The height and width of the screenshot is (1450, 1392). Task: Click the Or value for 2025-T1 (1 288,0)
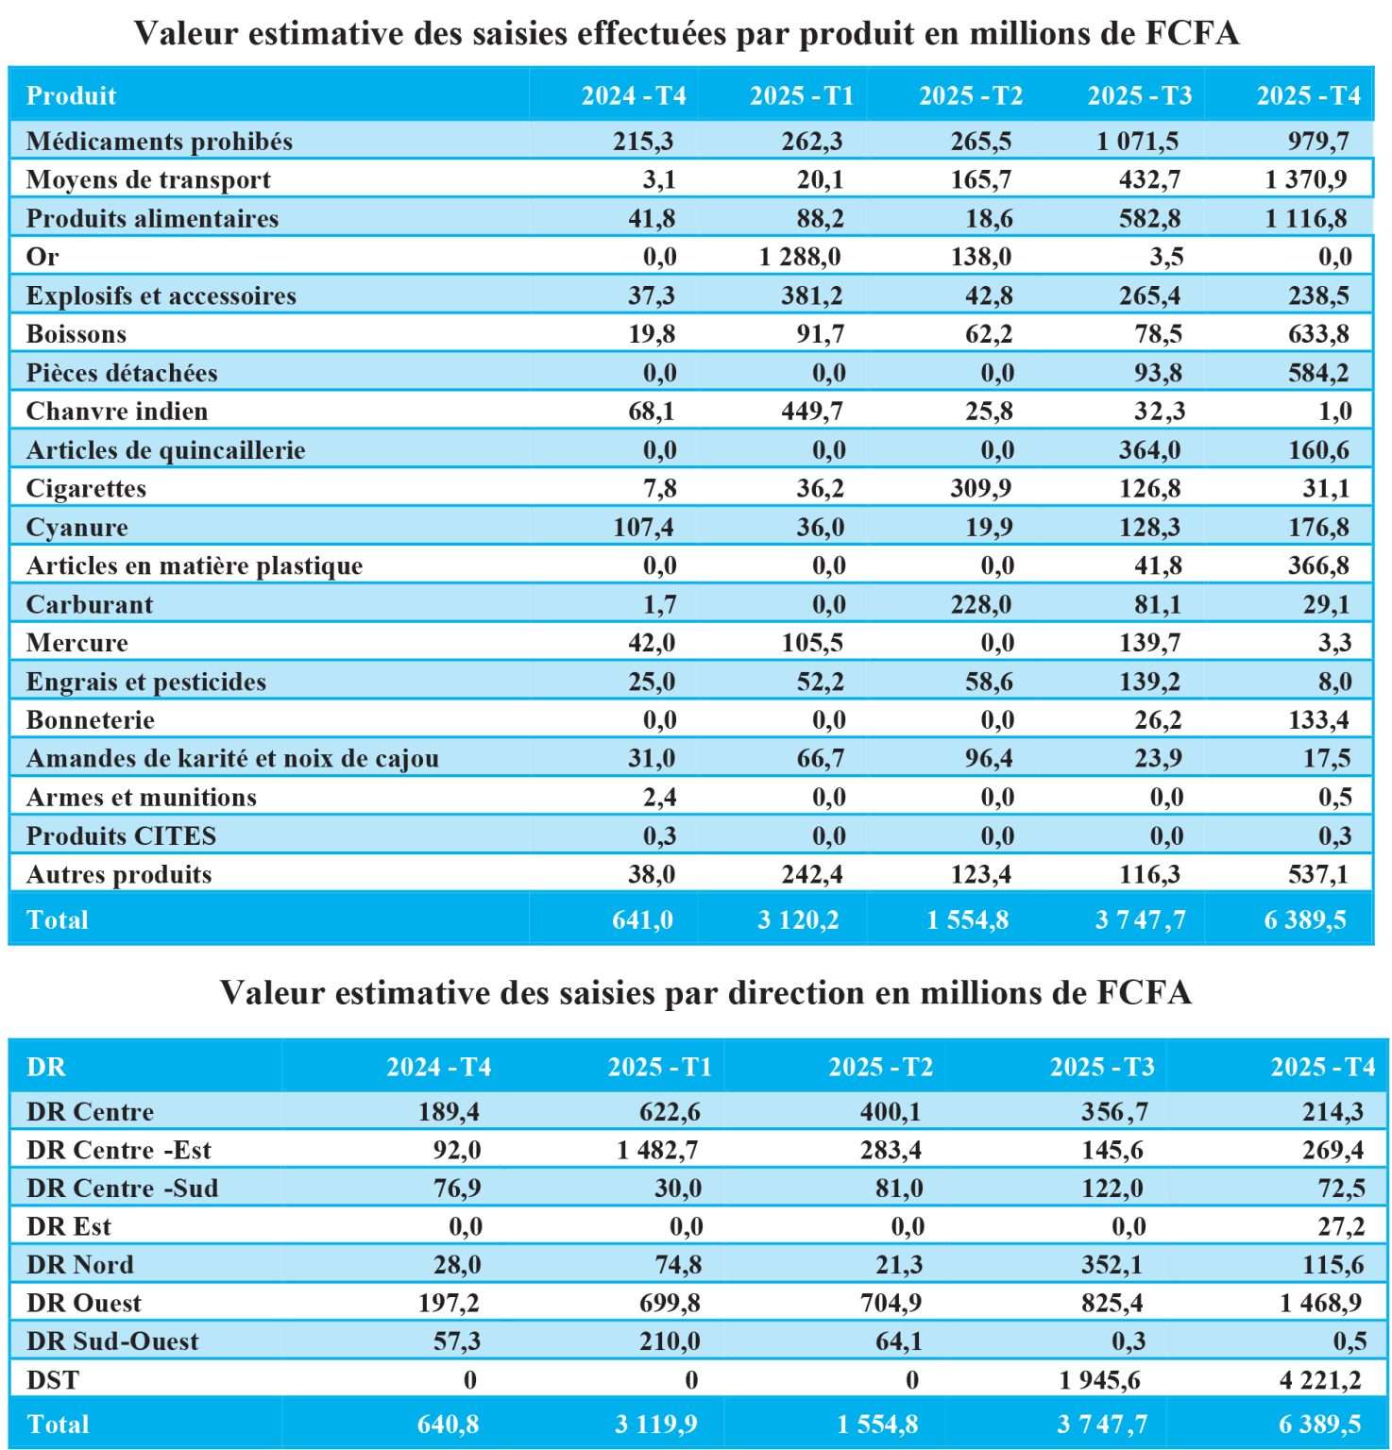pos(800,257)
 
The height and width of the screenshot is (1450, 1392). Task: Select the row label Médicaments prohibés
pos(159,142)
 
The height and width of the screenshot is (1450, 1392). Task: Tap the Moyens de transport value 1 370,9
pos(1306,179)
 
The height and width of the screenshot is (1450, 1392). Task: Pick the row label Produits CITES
pos(121,836)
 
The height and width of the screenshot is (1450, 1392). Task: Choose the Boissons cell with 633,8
pos(1318,334)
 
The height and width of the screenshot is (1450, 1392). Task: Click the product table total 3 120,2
pos(798,920)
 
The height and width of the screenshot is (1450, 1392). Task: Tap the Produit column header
pos(71,96)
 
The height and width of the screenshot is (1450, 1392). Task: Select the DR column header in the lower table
pos(46,1068)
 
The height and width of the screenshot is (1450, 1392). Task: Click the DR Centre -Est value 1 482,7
pos(658,1151)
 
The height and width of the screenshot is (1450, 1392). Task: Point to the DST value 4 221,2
pos(1320,1381)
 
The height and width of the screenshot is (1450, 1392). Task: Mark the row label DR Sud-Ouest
pos(112,1342)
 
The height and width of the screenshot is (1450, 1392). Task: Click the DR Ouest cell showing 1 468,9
pos(1320,1304)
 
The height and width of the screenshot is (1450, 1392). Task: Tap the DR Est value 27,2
pos(1341,1227)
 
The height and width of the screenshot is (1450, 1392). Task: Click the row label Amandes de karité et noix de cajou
pos(232,759)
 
